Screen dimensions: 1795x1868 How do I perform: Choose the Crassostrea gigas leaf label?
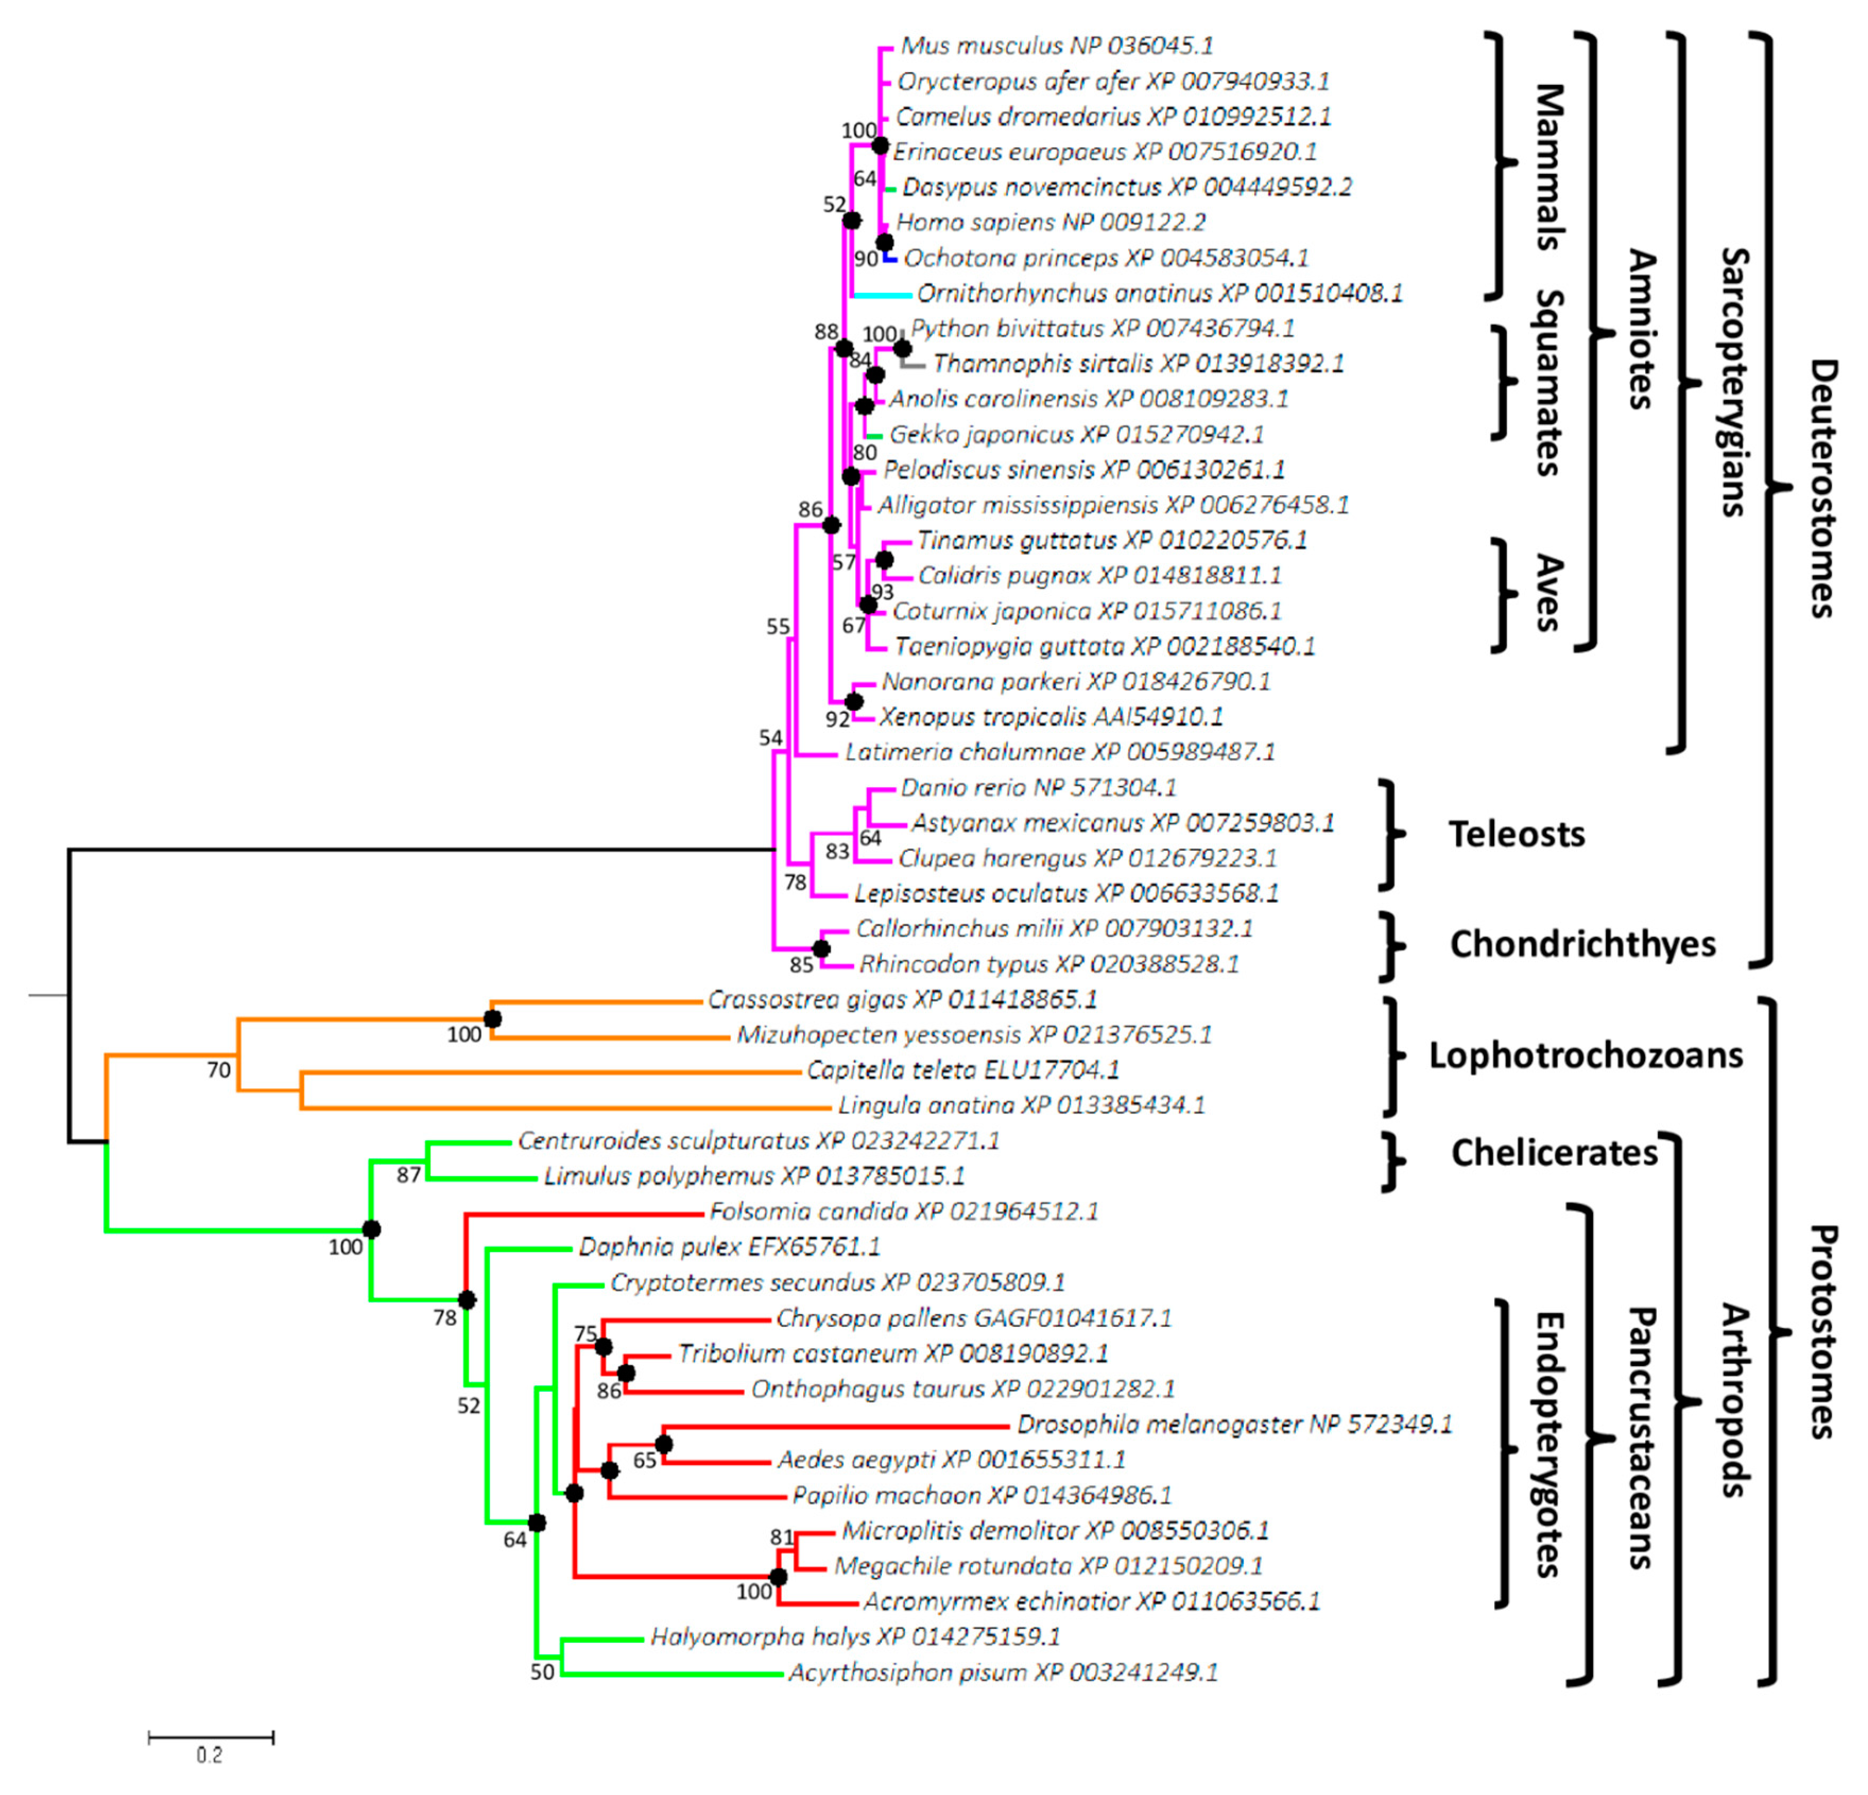[x=901, y=999]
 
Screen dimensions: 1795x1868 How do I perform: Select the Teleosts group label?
[x=1516, y=835]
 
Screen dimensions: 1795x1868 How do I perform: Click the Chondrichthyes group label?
[x=1582, y=944]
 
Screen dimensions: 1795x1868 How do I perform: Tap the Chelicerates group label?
[x=1554, y=1153]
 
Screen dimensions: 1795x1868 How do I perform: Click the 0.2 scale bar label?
[x=210, y=1755]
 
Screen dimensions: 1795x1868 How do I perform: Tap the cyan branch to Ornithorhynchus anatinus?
[x=882, y=295]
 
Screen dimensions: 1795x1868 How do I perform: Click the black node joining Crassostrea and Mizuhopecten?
[x=492, y=1020]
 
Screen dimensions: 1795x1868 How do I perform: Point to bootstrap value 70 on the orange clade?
[x=219, y=1070]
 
